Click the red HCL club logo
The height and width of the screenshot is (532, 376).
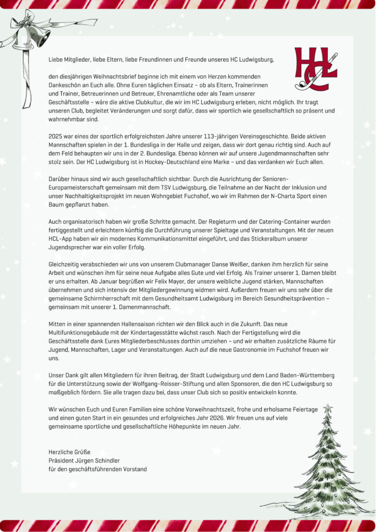coord(316,68)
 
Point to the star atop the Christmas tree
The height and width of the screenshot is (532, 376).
coord(328,409)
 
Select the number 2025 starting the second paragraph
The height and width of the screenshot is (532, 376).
coord(56,136)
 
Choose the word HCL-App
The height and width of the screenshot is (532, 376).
coord(60,238)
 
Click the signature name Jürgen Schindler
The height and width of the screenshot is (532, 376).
coord(104,460)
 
